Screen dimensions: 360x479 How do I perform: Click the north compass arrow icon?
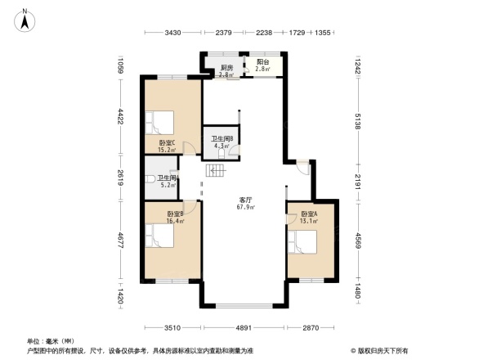coord(25,18)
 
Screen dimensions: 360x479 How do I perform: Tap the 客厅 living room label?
coord(246,200)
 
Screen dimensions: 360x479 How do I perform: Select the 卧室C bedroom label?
coord(166,142)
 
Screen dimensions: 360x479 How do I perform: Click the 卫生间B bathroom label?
coord(223,138)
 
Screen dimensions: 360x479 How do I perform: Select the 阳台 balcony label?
coord(263,62)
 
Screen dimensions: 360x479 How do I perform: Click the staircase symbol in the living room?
coord(215,170)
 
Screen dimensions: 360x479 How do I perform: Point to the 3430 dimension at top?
coord(172,33)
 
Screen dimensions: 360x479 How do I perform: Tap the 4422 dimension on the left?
coord(119,116)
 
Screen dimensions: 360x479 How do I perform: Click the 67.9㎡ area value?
coord(246,208)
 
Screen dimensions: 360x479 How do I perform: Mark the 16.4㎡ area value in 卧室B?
coord(175,220)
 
